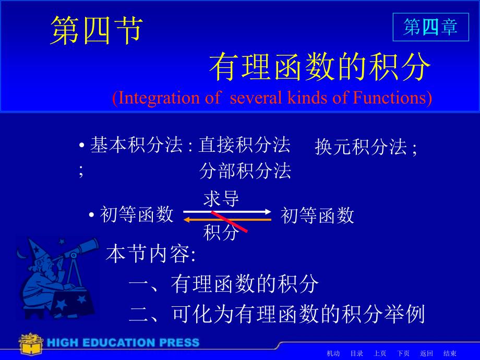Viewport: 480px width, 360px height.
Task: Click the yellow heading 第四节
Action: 97,30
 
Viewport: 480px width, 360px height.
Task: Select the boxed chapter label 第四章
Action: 430,27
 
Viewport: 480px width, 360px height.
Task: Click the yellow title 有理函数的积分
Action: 320,66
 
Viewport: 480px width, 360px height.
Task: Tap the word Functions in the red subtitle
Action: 389,98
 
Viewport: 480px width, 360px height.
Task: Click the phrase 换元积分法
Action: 361,147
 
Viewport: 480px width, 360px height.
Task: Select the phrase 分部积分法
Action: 245,171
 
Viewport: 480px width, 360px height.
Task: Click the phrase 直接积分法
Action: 244,145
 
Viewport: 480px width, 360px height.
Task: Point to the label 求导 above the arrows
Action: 221,199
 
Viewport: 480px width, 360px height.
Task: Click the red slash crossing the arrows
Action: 229,222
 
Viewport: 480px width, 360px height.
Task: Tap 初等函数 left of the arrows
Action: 137,214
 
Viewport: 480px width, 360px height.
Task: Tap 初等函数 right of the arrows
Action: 317,215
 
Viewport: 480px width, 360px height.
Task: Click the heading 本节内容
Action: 151,254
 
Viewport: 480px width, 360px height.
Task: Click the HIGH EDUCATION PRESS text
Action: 123,343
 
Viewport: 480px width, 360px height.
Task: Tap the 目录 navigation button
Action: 357,354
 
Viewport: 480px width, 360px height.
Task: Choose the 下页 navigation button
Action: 403,354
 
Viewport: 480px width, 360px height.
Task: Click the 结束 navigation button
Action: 450,354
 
